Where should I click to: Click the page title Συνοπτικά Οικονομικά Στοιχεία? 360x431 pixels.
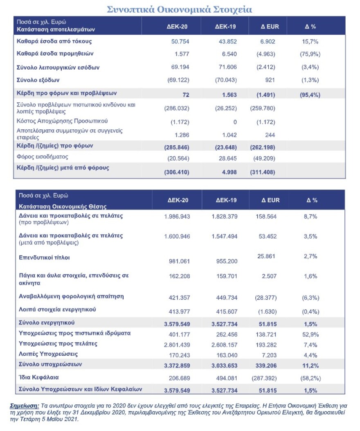[180, 9]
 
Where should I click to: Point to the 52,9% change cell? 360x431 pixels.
[310, 334]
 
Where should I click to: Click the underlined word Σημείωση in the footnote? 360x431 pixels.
[23, 405]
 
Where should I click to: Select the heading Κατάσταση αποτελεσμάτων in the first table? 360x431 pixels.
[56, 30]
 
